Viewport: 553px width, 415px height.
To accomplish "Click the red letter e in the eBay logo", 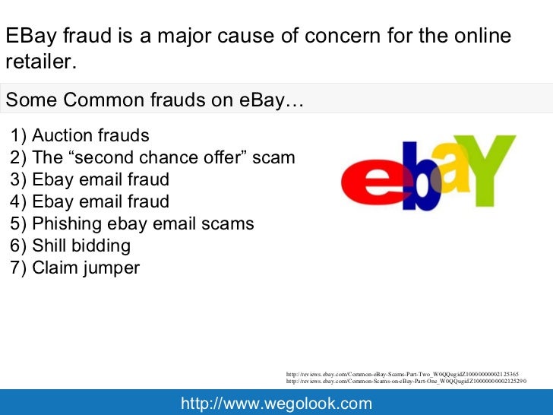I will point(367,184).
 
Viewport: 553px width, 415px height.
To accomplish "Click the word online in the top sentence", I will point(479,36).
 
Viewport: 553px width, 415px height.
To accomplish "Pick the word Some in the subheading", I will point(30,100).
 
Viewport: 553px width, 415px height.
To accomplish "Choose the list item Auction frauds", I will point(80,136).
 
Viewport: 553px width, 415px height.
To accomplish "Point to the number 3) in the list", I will point(18,180).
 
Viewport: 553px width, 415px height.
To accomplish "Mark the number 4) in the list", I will point(18,202).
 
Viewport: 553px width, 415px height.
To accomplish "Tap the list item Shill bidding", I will point(71,246).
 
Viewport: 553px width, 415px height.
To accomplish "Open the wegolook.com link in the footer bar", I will point(276,403).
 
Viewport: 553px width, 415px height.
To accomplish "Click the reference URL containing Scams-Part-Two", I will point(403,373).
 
